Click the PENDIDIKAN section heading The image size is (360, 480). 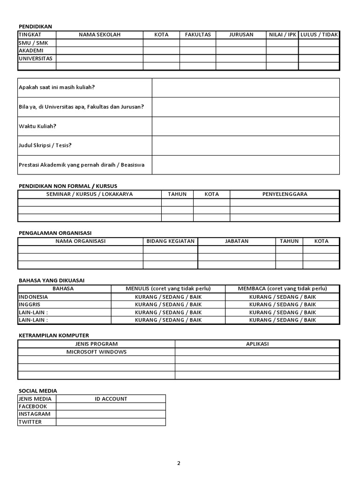35,27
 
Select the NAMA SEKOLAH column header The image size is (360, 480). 99,35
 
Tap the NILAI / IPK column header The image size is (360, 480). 282,35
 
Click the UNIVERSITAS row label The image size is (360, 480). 36,59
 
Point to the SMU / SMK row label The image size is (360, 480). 30,43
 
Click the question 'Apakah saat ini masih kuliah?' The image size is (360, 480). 57,87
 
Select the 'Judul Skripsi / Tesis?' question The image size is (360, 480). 45,145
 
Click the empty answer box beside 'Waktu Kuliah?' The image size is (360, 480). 245,126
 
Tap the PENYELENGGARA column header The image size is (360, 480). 285,194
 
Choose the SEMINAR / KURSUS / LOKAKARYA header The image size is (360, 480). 90,194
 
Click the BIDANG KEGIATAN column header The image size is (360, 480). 170,241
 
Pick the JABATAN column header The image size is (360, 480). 237,241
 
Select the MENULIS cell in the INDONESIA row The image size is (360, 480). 168,297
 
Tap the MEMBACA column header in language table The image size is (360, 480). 282,289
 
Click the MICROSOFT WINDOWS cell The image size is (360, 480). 96,352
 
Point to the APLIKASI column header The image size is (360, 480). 257,344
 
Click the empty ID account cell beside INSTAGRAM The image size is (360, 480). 111,414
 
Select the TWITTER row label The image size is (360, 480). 30,422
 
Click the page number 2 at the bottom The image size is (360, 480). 179,463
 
